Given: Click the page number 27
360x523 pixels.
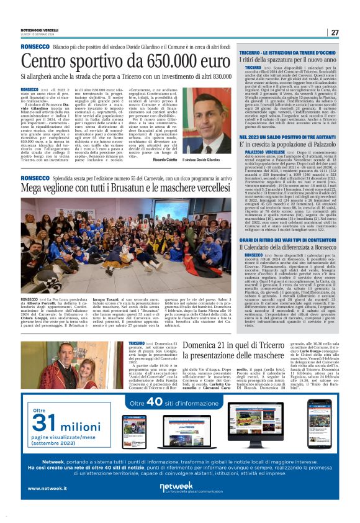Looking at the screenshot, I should [x=335, y=33].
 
